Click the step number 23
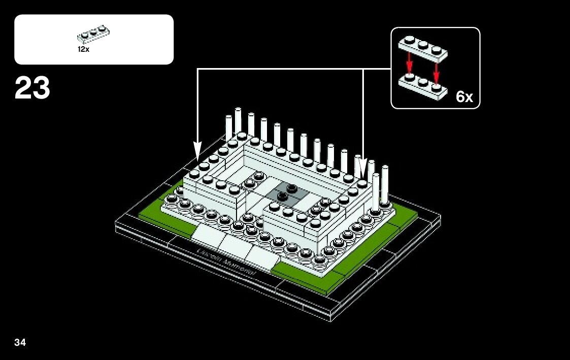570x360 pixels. tap(32, 88)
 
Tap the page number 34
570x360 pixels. tap(20, 342)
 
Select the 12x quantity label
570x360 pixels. tap(83, 49)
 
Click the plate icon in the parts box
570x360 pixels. tap(94, 34)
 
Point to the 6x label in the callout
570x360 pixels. tap(464, 96)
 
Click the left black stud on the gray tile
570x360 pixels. tap(282, 195)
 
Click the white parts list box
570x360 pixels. tap(94, 40)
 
